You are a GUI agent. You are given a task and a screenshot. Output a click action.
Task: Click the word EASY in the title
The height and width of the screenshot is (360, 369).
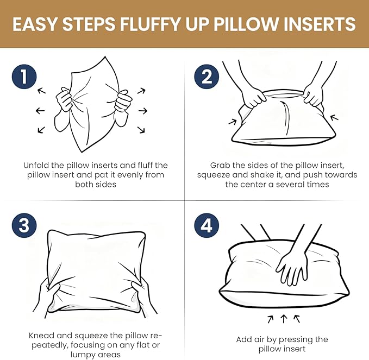click(36, 24)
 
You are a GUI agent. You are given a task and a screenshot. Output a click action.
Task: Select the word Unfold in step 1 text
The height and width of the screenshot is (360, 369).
click(36, 165)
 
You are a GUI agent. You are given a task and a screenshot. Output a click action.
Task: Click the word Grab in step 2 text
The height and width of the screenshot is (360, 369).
click(221, 165)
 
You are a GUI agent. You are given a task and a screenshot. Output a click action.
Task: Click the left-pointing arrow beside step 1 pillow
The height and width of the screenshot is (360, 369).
click(40, 111)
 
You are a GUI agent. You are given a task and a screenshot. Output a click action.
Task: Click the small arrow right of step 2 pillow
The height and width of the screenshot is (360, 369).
click(334, 117)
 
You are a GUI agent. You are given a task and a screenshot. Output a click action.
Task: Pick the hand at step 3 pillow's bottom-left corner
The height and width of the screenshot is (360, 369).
click(53, 296)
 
